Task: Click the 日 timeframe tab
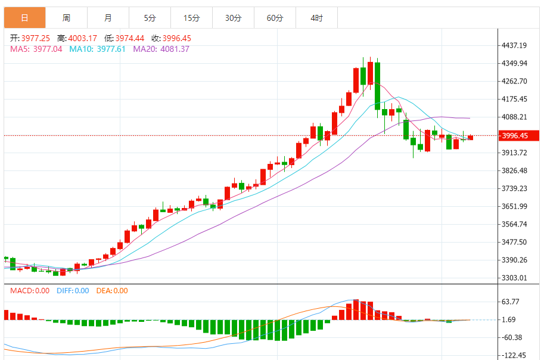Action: pyautogui.click(x=24, y=18)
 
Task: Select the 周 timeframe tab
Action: pyautogui.click(x=66, y=18)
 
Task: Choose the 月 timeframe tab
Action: pyautogui.click(x=108, y=18)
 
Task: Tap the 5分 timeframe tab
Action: pyautogui.click(x=150, y=18)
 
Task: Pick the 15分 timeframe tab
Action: pyautogui.click(x=192, y=18)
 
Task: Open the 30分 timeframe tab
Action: pyautogui.click(x=234, y=18)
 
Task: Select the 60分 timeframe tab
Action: pyautogui.click(x=275, y=18)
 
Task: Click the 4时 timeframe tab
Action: pyautogui.click(x=317, y=18)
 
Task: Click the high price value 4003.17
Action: pyautogui.click(x=82, y=38)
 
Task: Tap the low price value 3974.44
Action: pyautogui.click(x=130, y=38)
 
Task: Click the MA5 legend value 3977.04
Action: pyautogui.click(x=48, y=49)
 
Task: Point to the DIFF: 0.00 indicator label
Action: pyautogui.click(x=73, y=291)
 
